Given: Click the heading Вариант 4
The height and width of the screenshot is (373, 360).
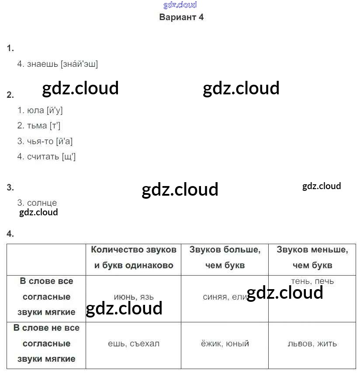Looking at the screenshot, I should (181, 17).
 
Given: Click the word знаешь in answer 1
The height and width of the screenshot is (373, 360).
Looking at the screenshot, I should (42, 64).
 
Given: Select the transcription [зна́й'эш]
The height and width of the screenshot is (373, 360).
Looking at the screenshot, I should (80, 64).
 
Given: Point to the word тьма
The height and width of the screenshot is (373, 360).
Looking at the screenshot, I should (37, 126).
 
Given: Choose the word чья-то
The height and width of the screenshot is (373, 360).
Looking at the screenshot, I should (40, 142).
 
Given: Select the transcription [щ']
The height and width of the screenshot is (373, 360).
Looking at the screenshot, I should (69, 156).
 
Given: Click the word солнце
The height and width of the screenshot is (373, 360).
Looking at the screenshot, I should (42, 203).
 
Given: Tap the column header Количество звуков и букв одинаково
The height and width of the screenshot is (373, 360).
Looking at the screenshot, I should (134, 257).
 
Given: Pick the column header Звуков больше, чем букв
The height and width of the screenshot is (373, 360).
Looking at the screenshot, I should (225, 257).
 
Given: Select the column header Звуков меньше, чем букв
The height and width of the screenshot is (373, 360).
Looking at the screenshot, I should (312, 257).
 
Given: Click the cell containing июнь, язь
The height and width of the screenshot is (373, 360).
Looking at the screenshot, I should (134, 297).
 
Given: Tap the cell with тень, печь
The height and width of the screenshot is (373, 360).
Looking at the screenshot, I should (312, 281).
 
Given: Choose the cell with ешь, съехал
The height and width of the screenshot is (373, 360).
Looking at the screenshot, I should (134, 344).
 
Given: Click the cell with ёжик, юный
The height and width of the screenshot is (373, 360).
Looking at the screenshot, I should (225, 344).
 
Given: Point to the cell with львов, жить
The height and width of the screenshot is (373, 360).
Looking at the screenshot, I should (312, 344).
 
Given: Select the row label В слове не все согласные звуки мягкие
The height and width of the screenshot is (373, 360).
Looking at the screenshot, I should (46, 344).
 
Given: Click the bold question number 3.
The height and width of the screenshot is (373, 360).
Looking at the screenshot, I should (10, 188).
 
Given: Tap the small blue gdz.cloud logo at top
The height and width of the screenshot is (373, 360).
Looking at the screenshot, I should (180, 5).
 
